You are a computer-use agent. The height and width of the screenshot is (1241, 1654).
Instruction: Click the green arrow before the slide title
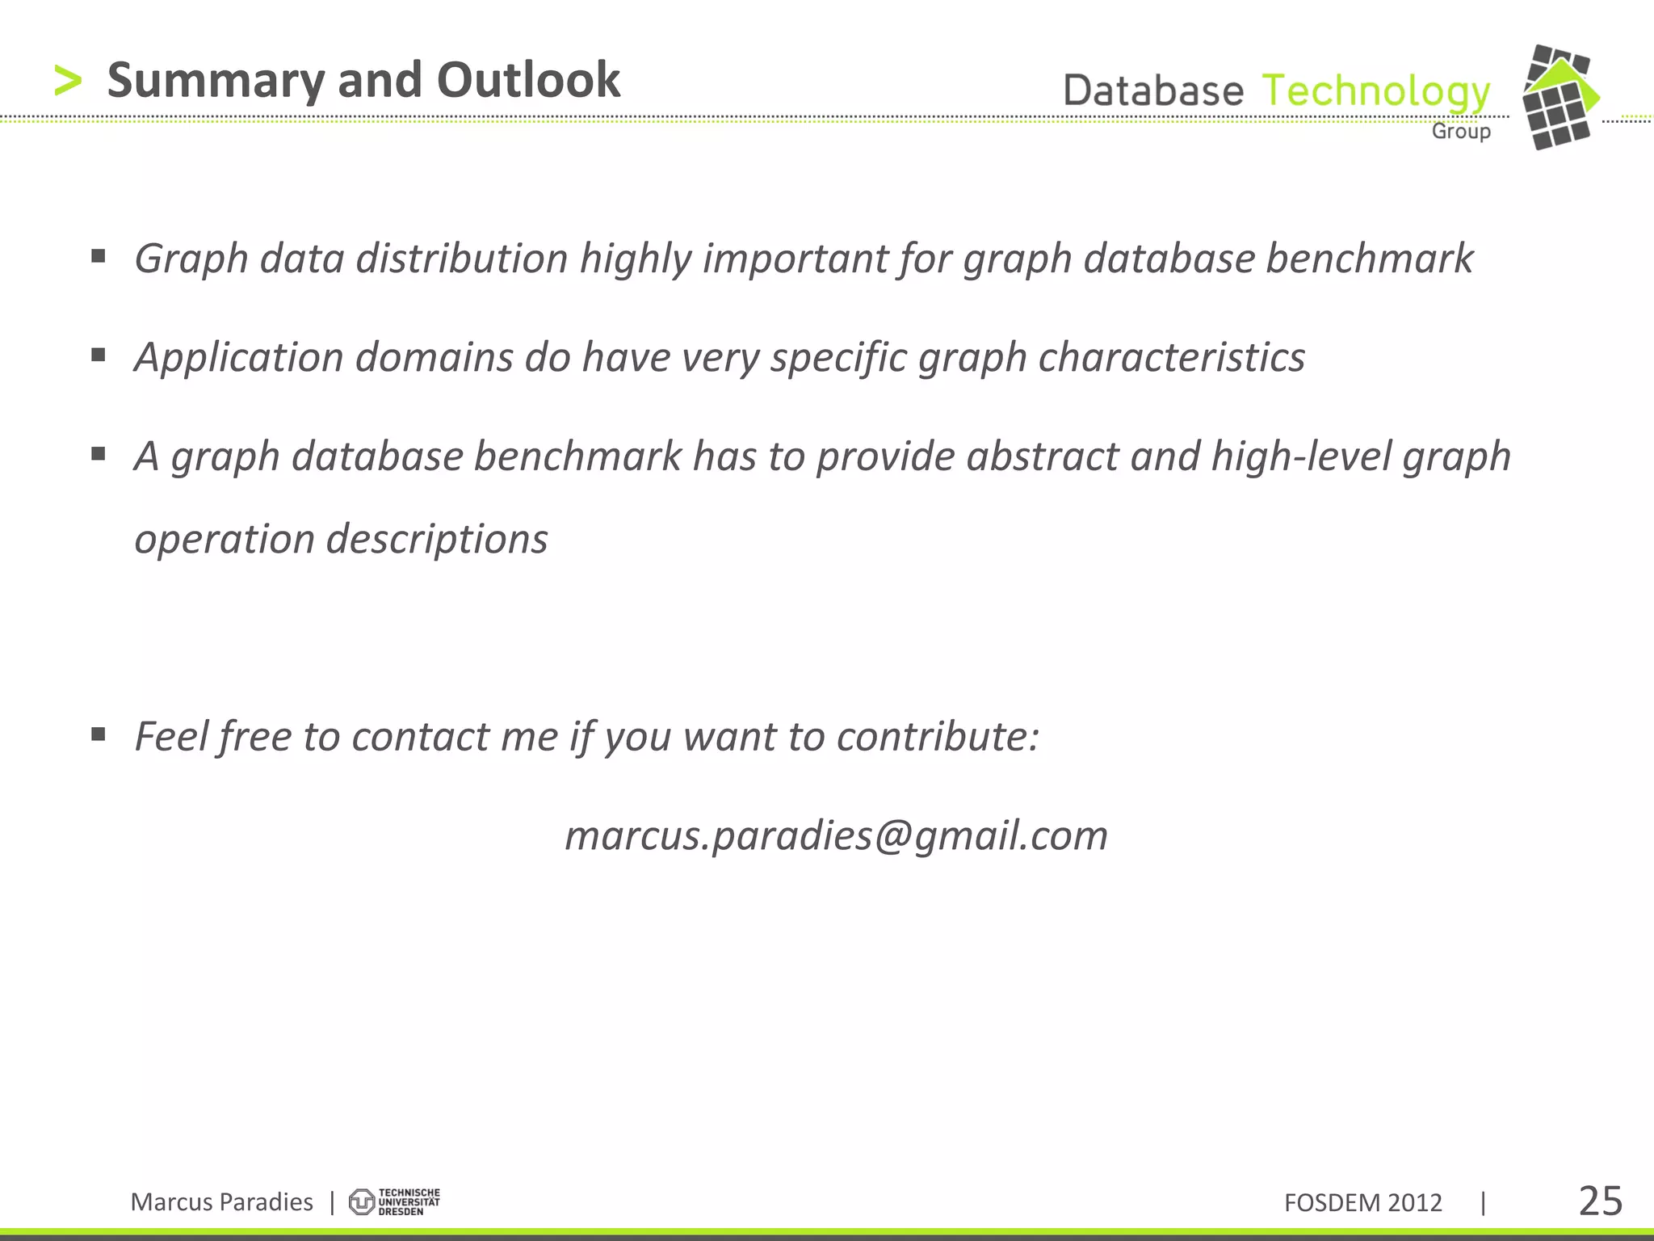coord(68,82)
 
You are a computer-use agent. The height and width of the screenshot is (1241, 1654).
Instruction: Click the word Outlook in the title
coord(528,80)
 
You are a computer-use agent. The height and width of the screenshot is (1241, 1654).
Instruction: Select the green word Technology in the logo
coord(1375,91)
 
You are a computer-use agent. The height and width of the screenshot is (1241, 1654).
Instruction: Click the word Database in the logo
coord(1153,90)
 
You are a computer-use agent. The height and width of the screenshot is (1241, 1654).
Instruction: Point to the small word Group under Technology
coord(1461,131)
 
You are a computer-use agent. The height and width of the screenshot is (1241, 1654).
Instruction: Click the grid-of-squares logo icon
coord(1559,98)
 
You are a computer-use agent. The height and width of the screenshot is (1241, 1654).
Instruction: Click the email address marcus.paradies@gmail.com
coord(836,835)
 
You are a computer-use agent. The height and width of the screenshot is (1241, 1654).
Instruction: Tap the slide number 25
coord(1600,1201)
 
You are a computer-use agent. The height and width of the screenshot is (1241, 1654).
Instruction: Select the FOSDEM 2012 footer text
coord(1362,1202)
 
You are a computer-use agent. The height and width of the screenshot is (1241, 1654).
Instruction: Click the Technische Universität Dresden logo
coord(394,1201)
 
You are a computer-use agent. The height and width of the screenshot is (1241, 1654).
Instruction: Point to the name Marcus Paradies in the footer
coord(221,1201)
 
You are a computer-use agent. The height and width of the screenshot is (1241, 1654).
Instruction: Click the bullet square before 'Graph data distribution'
coord(99,257)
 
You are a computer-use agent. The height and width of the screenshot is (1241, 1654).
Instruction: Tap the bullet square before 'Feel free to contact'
coord(99,734)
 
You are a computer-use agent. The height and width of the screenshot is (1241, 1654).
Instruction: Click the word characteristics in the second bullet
coord(1171,357)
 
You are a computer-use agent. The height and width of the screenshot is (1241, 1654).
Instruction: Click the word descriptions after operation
coord(437,539)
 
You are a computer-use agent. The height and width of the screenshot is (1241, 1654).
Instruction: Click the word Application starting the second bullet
coord(239,357)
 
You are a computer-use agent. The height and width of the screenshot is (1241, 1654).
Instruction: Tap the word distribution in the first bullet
coord(462,259)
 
